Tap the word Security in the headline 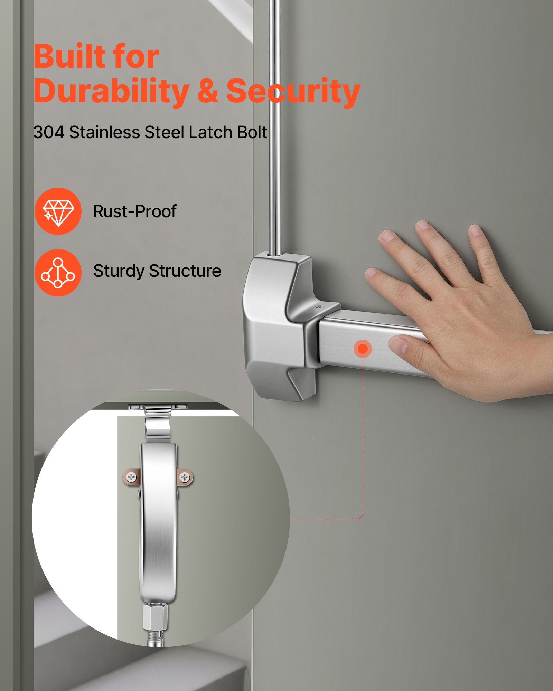coord(293,91)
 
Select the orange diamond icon coord(58,211)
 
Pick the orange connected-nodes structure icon coord(58,273)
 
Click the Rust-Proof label coord(135,211)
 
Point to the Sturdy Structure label coord(157,271)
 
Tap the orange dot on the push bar coord(363,349)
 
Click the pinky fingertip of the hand coord(475,230)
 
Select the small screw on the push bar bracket coord(320,306)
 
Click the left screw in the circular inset coord(132,477)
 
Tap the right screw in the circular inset coord(185,477)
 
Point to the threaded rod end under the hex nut coord(156,638)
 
